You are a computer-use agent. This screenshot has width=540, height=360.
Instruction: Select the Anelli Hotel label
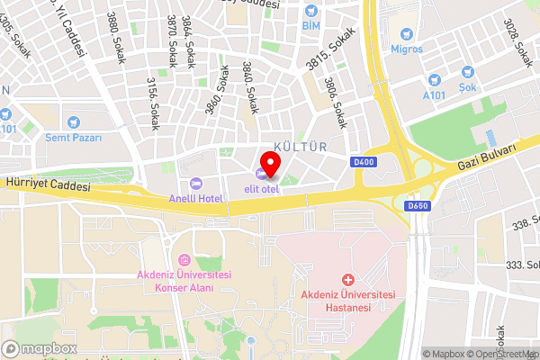196,197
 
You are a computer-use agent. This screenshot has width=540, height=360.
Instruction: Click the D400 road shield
364,162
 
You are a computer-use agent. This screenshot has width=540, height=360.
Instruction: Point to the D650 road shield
417,206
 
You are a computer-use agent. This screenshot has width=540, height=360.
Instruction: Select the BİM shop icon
311,11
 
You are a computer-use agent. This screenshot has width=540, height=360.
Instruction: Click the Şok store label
467,87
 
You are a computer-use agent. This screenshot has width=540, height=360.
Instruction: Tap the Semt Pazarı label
74,138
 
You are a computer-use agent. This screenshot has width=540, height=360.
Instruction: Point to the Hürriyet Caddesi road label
47,184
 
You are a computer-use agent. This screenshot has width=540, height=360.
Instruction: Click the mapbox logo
40,348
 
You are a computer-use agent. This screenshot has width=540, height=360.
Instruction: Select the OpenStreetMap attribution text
499,354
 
